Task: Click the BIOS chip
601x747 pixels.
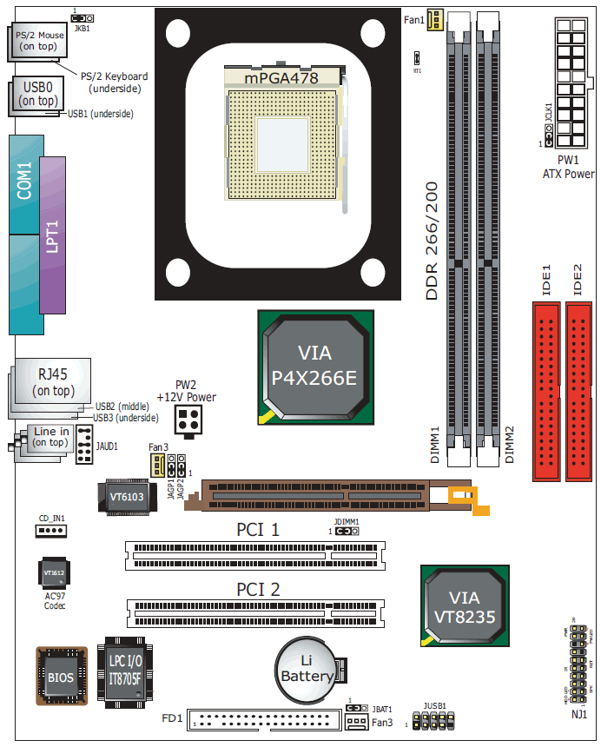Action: [61, 676]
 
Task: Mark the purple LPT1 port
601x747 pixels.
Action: [52, 235]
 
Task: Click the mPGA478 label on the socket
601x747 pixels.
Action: [281, 78]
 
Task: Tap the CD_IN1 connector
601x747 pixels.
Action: [51, 531]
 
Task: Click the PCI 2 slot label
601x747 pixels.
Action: [259, 590]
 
